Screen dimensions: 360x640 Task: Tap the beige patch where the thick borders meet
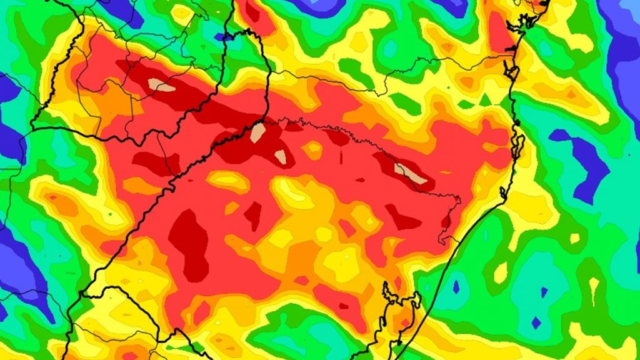click(x=257, y=132)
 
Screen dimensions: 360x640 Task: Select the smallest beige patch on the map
click(x=281, y=157)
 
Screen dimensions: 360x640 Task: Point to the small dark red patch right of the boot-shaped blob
click(x=253, y=215)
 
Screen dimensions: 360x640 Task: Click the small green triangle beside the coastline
click(x=485, y=100)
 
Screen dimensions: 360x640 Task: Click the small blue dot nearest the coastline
click(x=456, y=287)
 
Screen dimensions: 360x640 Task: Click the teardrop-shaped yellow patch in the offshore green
click(x=501, y=272)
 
